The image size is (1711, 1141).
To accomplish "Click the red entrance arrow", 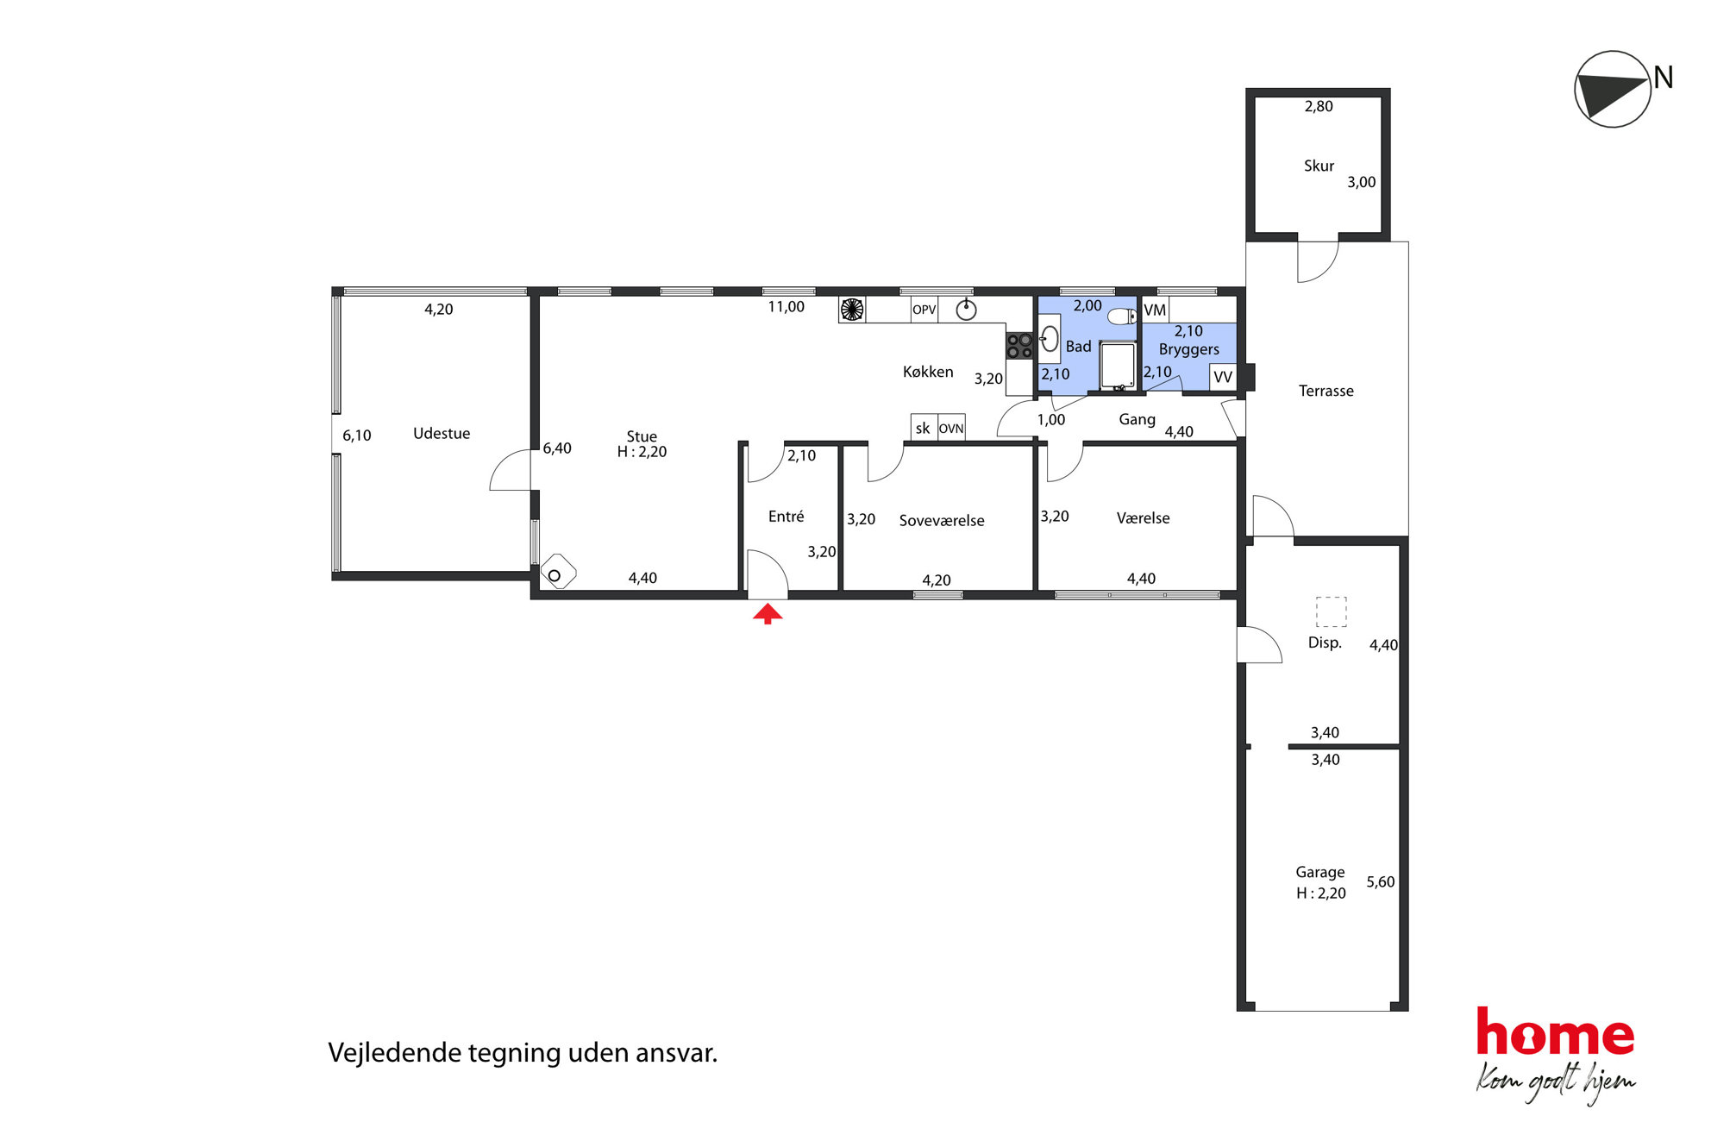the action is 768,613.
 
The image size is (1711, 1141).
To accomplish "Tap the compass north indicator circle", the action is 1612,89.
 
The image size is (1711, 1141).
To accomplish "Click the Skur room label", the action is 1319,166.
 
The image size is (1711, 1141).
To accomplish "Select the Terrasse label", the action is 1326,391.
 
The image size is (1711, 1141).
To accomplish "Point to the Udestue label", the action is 442,433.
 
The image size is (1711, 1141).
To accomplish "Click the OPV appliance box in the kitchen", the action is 924,310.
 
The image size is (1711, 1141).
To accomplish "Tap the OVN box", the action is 951,428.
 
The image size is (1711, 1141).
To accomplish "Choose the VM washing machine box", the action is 1155,310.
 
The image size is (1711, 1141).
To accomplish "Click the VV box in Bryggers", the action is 1223,377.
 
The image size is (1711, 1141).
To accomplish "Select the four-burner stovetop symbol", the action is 1019,346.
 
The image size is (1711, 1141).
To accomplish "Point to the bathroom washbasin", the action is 1050,337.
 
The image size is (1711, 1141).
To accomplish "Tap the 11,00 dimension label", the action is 786,307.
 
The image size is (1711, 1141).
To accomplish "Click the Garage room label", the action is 1319,872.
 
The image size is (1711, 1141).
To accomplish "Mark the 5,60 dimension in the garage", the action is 1380,881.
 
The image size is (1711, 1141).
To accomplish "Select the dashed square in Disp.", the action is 1331,611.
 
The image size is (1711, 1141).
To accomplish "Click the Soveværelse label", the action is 942,520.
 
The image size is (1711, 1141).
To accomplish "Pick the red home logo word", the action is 1555,1031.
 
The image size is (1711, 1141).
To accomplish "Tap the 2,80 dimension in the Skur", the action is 1319,106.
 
